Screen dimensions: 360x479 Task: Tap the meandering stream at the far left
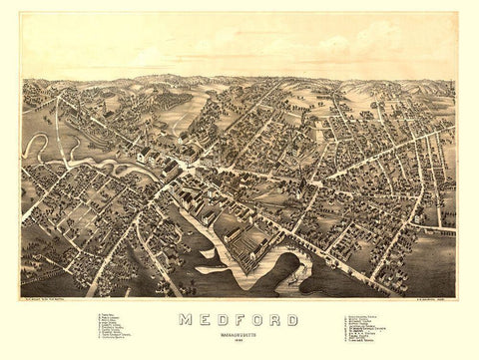click(x=36, y=150)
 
